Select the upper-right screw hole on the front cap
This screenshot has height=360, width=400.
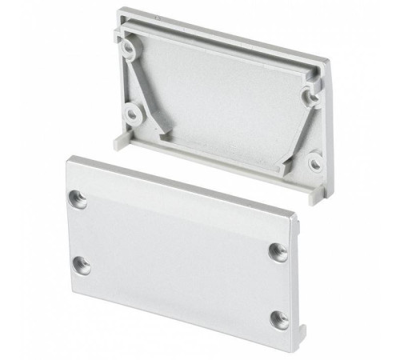click(x=278, y=250)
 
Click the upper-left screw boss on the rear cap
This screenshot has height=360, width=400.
click(x=129, y=49)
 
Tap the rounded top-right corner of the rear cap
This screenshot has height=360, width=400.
click(x=324, y=62)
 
